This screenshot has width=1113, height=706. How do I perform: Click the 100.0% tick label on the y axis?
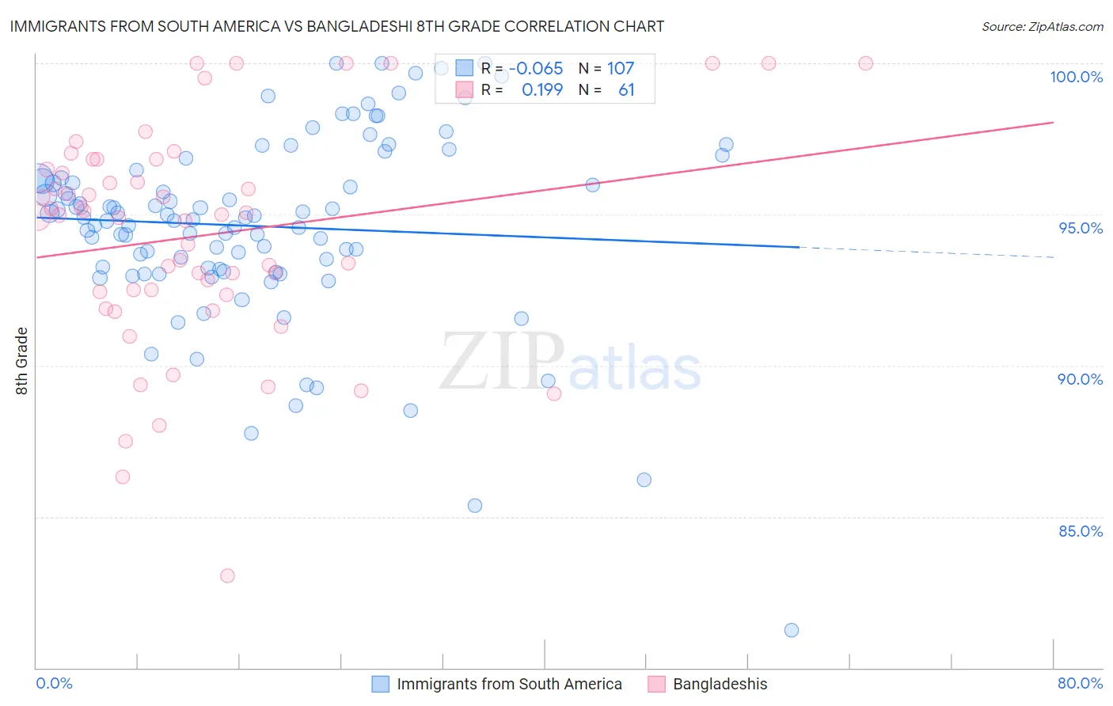1076,77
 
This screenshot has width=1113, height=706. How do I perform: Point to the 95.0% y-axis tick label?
1081,228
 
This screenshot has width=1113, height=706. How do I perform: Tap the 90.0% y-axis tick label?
1080,379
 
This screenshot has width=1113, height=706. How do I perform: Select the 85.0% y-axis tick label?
1081,531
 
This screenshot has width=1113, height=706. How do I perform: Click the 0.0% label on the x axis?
54,683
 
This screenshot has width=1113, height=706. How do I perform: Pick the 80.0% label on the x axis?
1080,683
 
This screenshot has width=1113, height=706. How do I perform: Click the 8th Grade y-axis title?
21,361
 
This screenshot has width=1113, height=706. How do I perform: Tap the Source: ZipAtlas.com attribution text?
1042,27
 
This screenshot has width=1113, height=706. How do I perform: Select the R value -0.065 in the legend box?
536,69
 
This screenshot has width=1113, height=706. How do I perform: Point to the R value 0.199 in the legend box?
542,90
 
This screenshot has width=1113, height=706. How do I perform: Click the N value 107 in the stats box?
621,69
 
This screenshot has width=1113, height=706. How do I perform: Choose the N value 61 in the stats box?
626,90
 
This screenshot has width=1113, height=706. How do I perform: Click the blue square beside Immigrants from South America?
381,684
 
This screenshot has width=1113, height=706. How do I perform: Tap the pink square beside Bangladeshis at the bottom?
656,684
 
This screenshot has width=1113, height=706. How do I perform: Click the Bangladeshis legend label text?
720,684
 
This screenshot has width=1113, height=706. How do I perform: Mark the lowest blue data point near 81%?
791,630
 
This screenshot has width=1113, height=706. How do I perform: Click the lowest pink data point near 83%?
227,575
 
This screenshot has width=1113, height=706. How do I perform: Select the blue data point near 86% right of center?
644,480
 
